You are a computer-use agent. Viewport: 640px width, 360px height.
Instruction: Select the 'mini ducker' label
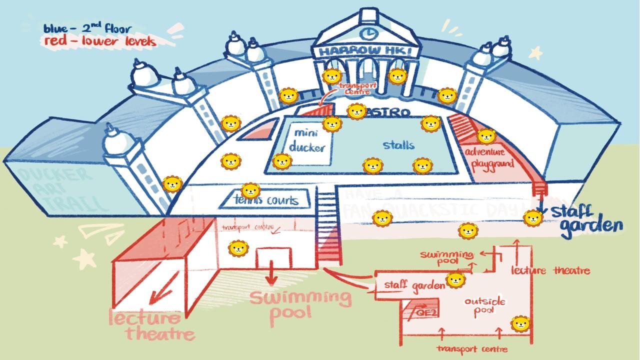click(x=306, y=140)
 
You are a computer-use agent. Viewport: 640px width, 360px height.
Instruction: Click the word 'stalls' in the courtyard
click(x=398, y=145)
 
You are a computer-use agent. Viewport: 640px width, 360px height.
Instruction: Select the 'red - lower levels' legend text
click(x=99, y=41)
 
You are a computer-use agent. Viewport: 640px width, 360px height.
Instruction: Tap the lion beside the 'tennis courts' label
click(x=250, y=190)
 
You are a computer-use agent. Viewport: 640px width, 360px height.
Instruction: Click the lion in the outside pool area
click(x=520, y=324)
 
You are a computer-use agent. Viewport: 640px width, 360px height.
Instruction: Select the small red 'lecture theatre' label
click(x=550, y=271)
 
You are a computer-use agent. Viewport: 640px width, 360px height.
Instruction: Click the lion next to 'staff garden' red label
click(x=455, y=280)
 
